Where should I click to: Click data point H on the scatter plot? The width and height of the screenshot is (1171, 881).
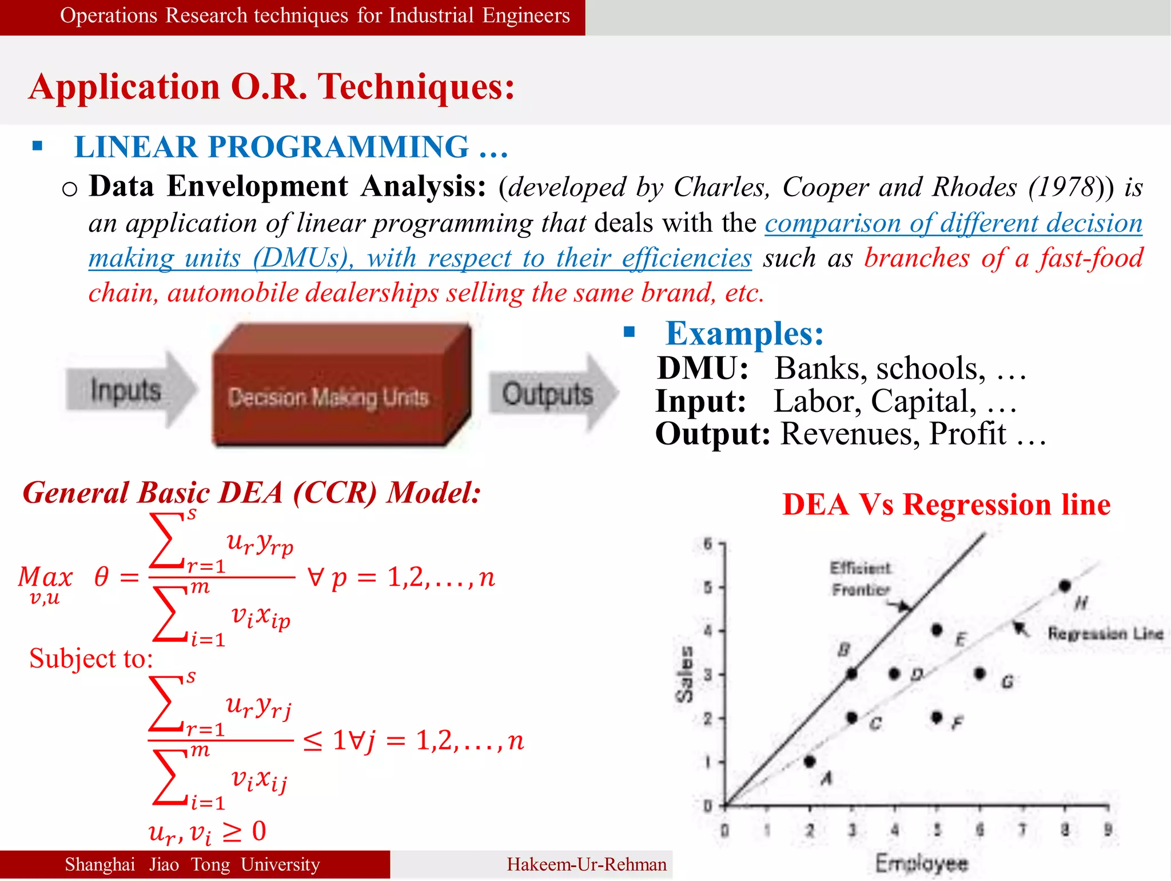pyautogui.click(x=1064, y=586)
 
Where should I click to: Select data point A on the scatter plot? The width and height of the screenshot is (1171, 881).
pyautogui.click(x=810, y=761)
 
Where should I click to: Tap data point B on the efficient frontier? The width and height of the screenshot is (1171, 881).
pyautogui.click(x=852, y=674)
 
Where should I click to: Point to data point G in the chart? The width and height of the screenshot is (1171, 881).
pyautogui.click(x=980, y=673)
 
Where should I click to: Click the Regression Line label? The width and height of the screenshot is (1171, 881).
pyautogui.click(x=1105, y=633)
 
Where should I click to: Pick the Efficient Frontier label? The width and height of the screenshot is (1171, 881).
pyautogui.click(x=861, y=578)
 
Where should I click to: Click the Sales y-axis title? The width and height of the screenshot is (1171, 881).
pyautogui.click(x=684, y=674)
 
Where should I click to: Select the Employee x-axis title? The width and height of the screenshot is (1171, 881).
pyautogui.click(x=922, y=863)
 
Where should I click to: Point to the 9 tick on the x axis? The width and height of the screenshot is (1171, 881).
pyautogui.click(x=1108, y=829)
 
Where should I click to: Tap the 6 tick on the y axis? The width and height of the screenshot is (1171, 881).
pyautogui.click(x=708, y=543)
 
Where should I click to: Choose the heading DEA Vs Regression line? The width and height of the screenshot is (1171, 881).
pyautogui.click(x=946, y=505)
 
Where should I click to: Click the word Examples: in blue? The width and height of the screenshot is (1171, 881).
pyautogui.click(x=744, y=334)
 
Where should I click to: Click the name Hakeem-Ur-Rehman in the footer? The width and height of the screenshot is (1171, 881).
pyautogui.click(x=587, y=864)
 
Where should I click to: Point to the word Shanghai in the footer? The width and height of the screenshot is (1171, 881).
pyautogui.click(x=100, y=864)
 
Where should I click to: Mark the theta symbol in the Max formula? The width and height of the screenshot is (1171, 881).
pyautogui.click(x=101, y=576)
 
